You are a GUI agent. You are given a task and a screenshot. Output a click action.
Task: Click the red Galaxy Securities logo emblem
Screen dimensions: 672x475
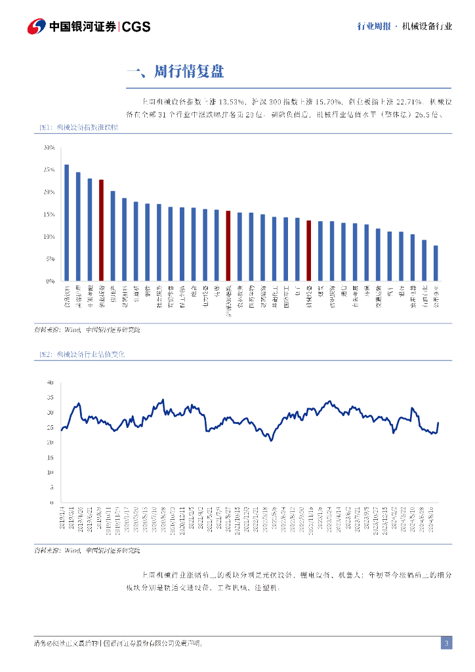pos(37,26)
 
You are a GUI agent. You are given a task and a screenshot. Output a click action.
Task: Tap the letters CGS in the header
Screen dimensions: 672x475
pos(136,26)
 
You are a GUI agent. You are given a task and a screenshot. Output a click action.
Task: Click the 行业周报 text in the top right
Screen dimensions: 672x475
pos(374,26)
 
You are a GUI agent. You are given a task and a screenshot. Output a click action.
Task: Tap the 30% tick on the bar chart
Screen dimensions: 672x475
pos(49,148)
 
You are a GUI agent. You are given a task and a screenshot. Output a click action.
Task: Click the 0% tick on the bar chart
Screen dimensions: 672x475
pos(51,281)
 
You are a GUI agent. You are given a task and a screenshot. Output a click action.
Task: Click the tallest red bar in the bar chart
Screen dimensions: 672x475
pos(101,230)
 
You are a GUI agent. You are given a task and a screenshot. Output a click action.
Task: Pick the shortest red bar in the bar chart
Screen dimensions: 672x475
pos(308,251)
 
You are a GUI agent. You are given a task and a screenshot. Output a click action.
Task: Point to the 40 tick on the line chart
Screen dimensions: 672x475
pos(50,382)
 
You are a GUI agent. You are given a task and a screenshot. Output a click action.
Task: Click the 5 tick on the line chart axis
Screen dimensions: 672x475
pos(52,488)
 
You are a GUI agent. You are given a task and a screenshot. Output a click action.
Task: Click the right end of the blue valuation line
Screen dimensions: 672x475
pos(438,423)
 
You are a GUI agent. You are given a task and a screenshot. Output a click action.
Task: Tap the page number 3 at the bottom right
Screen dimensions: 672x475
pos(446,643)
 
